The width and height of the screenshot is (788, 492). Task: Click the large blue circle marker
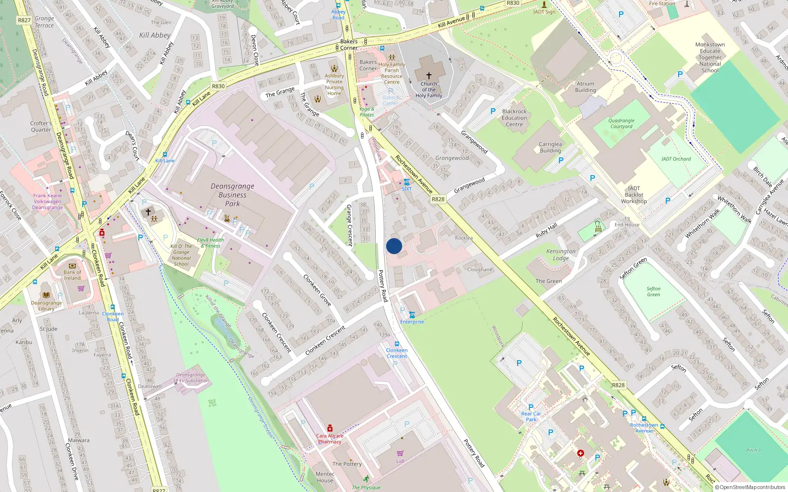tap(394, 246)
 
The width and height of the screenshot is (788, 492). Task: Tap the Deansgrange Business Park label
tap(232, 195)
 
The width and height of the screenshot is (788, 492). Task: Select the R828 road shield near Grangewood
tap(438, 199)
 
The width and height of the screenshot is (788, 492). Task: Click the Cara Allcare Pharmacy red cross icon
tap(330, 428)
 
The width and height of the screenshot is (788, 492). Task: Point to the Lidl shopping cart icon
tap(400, 453)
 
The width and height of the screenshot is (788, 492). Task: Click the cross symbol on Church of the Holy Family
tap(428, 76)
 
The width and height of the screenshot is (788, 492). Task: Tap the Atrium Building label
tap(585, 87)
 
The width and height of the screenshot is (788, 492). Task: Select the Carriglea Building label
tap(550, 148)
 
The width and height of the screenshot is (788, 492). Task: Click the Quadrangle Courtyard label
tap(621, 123)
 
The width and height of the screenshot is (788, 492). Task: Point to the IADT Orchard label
tap(676, 159)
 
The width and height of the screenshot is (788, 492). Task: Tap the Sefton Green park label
tap(653, 292)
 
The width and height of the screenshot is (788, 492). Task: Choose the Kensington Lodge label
tap(560, 255)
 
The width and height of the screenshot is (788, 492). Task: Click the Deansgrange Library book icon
tap(46, 295)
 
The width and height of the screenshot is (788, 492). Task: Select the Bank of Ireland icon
tap(72, 266)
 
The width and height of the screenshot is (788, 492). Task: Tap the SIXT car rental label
tap(406, 189)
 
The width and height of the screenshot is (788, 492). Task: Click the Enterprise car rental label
tap(412, 322)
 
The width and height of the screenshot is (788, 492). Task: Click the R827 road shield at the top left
tap(24, 20)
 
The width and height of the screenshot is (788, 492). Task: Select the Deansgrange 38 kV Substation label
tap(191, 378)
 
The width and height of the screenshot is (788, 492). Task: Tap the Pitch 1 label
tap(753, 450)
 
